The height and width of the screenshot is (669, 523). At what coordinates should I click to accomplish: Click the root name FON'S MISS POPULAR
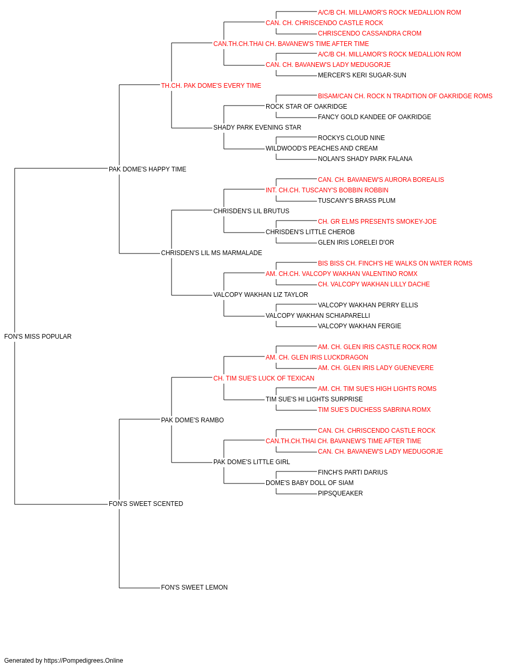(38, 337)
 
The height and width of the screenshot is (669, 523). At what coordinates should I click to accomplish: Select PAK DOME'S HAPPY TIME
(147, 169)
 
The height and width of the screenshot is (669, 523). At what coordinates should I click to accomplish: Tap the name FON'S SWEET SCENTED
(146, 504)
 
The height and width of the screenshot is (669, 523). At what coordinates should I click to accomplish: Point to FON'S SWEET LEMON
(194, 587)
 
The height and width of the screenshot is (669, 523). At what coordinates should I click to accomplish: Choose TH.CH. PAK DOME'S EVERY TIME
(211, 86)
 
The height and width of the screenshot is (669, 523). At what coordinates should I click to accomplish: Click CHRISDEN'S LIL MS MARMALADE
(211, 253)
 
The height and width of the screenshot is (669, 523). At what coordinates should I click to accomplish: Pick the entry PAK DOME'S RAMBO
(192, 420)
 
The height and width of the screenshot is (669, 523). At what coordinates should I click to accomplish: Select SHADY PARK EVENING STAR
(257, 128)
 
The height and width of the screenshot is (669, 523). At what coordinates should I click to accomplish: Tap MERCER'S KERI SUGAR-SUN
(362, 75)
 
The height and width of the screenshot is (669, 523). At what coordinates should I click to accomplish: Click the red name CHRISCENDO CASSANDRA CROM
(370, 33)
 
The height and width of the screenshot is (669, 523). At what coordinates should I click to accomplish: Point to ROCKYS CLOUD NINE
(351, 138)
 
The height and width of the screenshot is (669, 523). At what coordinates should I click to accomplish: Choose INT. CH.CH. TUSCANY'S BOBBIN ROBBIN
(327, 190)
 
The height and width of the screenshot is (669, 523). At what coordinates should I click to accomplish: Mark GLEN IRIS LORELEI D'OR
(356, 243)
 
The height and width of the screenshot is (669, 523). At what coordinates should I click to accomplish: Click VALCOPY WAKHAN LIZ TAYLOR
(260, 295)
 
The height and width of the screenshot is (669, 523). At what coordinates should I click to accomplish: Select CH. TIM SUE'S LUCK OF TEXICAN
(264, 378)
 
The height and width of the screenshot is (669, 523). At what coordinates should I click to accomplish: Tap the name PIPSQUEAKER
(340, 493)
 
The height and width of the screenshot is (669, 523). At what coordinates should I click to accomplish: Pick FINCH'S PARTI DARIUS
(353, 472)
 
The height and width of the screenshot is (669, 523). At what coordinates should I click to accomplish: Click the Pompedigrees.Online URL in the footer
(83, 661)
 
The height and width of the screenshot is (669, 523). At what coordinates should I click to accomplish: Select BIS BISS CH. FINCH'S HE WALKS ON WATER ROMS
(395, 263)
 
